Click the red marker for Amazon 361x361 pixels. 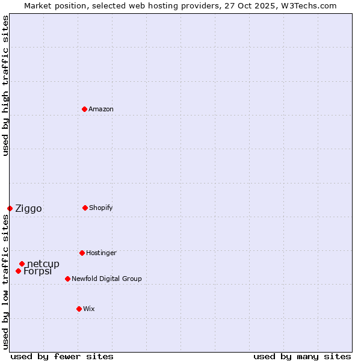point(84,109)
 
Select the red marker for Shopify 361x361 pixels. point(85,208)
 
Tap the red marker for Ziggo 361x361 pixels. point(10,208)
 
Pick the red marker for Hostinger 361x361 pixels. point(82,253)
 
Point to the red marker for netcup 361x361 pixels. point(22,264)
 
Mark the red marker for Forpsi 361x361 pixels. point(18,271)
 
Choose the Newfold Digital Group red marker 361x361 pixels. point(67,279)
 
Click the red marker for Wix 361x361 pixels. point(79,309)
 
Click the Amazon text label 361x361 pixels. point(101,109)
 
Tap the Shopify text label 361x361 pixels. point(101,208)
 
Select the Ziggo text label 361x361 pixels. point(28,209)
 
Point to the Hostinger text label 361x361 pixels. point(101,253)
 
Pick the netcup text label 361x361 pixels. point(43,264)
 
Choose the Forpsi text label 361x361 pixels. point(38,271)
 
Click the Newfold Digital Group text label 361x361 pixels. point(106,279)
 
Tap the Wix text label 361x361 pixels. point(89,309)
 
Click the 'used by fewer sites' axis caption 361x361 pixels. point(62,356)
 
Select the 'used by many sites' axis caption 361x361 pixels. point(302,356)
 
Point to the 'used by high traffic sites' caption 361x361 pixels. point(5,86)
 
